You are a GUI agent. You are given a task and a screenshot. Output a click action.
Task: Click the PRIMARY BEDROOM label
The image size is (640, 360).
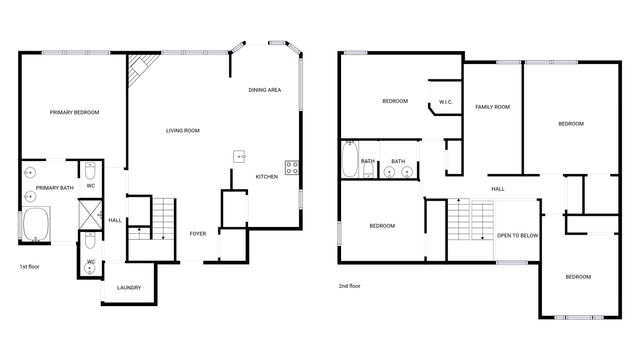point(75,113)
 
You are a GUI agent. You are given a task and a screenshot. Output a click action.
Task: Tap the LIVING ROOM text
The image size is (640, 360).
point(183,131)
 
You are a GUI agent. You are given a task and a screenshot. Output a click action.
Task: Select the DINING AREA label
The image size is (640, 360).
point(264,91)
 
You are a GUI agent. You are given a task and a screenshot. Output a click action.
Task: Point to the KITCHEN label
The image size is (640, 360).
point(266,177)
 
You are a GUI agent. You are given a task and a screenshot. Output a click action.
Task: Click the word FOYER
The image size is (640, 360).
point(198,233)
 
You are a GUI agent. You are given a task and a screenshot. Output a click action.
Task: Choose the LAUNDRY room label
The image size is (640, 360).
point(128,288)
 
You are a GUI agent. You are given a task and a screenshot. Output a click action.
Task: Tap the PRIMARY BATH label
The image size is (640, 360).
point(55,188)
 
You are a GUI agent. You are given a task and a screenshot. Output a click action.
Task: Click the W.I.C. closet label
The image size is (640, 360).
point(446,101)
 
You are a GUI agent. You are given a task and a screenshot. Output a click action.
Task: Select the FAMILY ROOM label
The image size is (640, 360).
point(492,107)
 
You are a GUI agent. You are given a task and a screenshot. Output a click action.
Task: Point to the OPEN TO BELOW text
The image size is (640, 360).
point(518,236)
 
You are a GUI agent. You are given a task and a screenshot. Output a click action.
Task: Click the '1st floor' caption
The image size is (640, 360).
point(30,267)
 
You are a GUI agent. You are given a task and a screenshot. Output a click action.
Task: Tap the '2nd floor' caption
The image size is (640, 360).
point(351,286)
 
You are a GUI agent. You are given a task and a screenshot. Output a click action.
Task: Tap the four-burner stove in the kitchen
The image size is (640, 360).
point(292,168)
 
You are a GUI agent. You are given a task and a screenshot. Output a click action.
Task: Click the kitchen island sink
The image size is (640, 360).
point(240,156)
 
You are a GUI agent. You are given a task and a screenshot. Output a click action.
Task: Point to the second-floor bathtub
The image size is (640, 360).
point(349,160)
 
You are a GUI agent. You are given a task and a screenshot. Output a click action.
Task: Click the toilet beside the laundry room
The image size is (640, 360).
point(90,269)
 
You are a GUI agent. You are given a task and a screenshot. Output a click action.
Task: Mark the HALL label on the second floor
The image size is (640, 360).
point(497,189)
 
